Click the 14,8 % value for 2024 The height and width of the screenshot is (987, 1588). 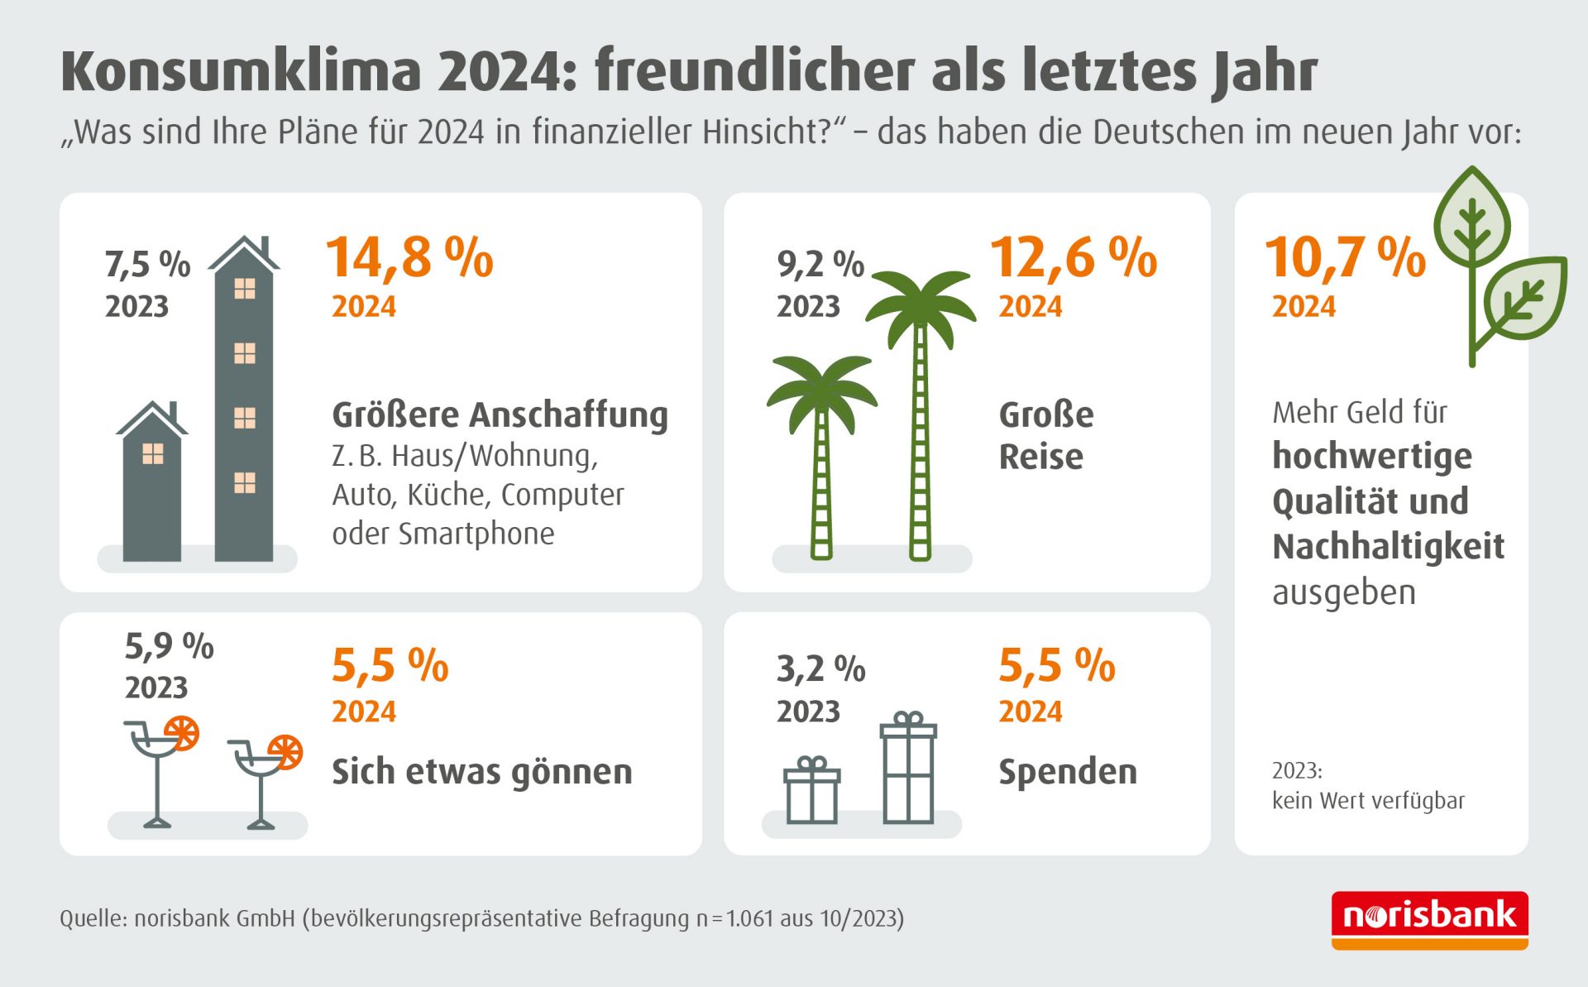409,257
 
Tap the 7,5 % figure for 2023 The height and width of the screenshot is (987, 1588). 147,265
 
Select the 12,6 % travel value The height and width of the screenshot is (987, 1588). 1074,257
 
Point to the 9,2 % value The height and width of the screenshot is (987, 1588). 820,265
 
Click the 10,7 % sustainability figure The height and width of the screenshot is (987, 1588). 1345,257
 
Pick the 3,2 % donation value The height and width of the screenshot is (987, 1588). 820,668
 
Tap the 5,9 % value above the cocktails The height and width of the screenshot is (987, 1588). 169,646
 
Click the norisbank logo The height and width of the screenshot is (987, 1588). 1429,919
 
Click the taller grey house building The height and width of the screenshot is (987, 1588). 243,405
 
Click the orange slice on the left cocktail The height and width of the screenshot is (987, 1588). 181,732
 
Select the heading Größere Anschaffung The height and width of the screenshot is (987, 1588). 500,414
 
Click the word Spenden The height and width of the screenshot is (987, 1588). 1067,772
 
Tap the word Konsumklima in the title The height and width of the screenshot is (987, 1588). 241,72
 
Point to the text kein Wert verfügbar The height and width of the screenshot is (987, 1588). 1368,801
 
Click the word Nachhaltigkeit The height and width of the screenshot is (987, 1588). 1388,547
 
